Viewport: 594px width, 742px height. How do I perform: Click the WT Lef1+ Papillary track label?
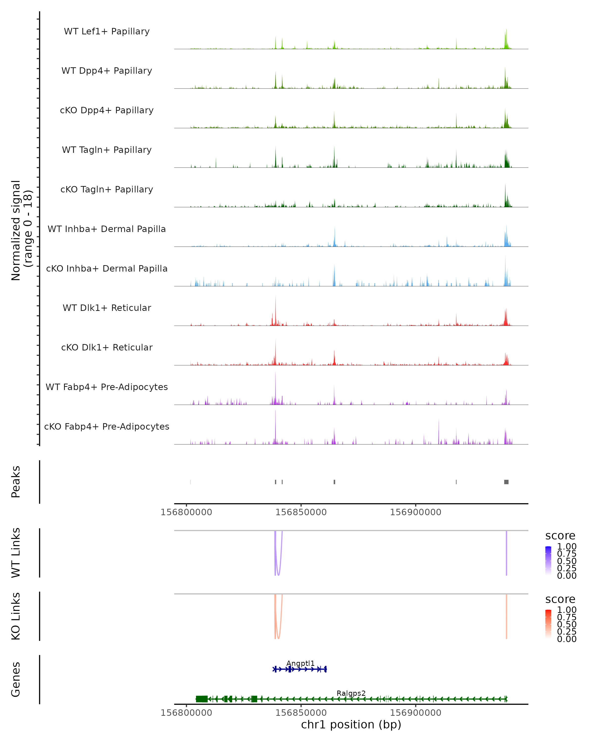(107, 31)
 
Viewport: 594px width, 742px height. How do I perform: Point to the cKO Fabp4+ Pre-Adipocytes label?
(107, 426)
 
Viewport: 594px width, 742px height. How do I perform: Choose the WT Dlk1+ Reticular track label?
(107, 308)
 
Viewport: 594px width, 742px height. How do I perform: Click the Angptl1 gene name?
(300, 664)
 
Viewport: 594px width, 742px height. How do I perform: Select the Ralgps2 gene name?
(351, 694)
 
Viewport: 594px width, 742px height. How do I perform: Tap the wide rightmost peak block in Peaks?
(506, 482)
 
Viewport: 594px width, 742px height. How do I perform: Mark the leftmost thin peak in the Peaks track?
(190, 482)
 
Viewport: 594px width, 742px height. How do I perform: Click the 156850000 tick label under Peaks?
(301, 512)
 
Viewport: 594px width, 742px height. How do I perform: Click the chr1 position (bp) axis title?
(351, 725)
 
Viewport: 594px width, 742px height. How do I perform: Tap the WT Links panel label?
(16, 553)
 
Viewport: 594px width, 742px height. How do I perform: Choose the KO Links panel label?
(16, 616)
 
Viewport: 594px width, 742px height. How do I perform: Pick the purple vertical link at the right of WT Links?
(506, 553)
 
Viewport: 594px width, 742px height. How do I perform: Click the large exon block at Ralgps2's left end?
(202, 699)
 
